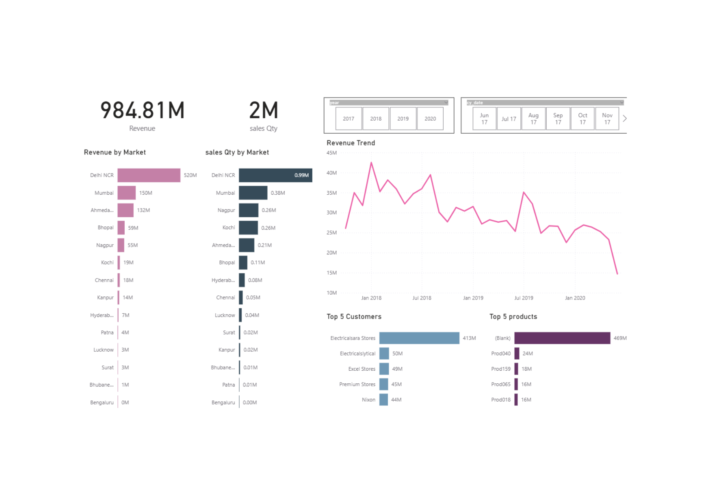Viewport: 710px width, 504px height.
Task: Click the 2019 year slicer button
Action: pos(403,119)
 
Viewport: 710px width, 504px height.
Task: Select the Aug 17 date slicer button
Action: pos(533,119)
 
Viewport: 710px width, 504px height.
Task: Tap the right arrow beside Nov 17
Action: pos(625,119)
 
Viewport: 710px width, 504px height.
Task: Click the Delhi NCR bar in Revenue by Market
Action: pos(149,175)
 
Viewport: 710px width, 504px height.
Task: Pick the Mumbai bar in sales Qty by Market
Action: pos(253,193)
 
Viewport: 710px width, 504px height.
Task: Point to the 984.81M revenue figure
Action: pos(142,111)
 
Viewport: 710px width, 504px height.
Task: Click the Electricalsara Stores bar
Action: pos(419,338)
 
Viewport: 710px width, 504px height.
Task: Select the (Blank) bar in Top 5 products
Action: pos(562,338)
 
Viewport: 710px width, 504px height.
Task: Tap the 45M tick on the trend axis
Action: pos(331,153)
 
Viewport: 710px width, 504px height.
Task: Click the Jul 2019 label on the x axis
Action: pos(524,298)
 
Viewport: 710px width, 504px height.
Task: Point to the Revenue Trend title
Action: pos(351,143)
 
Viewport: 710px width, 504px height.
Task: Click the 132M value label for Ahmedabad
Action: pos(143,210)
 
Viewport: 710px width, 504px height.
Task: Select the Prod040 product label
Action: pos(500,354)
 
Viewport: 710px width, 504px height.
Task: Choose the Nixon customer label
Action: pos(368,400)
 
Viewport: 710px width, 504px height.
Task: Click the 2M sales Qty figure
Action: pos(263,111)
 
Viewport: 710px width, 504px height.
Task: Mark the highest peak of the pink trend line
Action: pos(371,163)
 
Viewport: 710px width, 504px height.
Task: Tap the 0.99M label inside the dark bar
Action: pos(301,175)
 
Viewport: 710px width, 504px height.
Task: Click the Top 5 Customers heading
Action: pos(354,317)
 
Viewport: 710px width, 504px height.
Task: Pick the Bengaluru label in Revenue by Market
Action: pos(102,402)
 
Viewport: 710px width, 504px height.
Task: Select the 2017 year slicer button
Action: pos(348,119)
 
